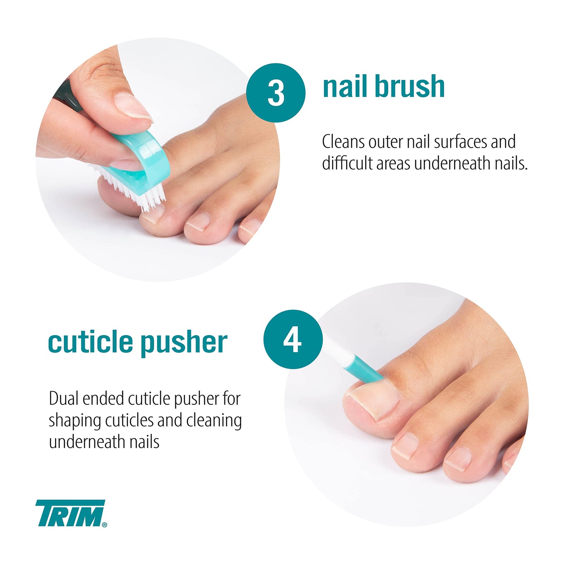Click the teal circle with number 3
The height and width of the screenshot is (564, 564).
click(x=276, y=93)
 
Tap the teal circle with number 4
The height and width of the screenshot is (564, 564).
click(x=293, y=339)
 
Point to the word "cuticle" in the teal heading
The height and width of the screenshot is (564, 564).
click(x=90, y=342)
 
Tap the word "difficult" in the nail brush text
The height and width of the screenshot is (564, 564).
click(x=347, y=164)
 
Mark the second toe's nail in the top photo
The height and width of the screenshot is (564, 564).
click(x=199, y=221)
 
